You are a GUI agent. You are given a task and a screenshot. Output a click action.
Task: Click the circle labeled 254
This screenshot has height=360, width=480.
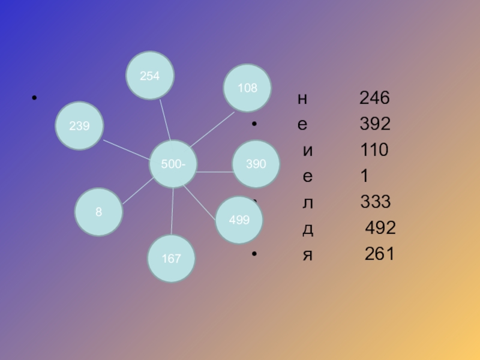pos(149,76)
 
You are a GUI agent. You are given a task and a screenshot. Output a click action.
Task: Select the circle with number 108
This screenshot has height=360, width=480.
pos(247,88)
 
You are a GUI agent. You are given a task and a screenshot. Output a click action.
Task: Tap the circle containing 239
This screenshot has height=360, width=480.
pos(79,126)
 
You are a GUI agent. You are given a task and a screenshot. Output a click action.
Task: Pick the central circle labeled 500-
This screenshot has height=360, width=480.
pos(173,164)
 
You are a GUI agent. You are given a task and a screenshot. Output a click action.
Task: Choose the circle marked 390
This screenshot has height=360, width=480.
pos(256,164)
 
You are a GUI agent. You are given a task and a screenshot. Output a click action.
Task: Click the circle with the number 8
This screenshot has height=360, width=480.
pos(99,212)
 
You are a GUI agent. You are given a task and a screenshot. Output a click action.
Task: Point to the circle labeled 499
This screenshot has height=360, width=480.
pos(239,220)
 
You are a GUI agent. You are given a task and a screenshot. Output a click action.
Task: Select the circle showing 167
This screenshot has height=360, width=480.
pos(172,259)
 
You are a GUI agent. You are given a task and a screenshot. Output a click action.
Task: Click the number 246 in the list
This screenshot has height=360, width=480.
pos(374,98)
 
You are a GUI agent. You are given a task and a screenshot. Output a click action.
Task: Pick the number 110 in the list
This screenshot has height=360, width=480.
pos(374,150)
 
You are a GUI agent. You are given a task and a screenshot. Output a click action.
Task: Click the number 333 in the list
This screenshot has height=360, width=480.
pos(376,202)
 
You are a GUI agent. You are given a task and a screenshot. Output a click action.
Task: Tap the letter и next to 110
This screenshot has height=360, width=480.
pos(308,151)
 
